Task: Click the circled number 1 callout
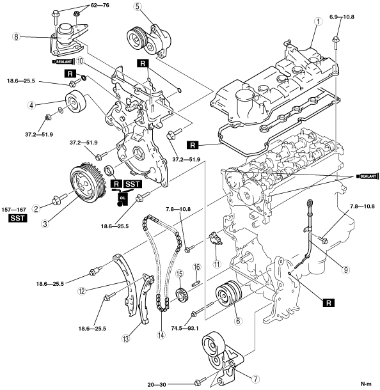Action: tap(318, 22)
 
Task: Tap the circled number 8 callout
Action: tap(16, 37)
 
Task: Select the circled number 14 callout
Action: tap(161, 335)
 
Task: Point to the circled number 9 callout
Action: tap(345, 270)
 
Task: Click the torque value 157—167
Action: tap(13, 210)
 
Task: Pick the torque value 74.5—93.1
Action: tap(185, 329)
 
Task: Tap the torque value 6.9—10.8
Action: tap(342, 17)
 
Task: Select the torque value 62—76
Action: tap(100, 5)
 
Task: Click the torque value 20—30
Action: tap(157, 385)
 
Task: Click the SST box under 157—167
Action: tap(18, 218)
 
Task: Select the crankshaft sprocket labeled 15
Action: tap(182, 295)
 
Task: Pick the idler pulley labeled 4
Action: tap(75, 102)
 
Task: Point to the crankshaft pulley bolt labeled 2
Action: tap(59, 198)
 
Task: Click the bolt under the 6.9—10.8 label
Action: tap(335, 43)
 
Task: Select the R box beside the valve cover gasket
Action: tap(193, 145)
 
